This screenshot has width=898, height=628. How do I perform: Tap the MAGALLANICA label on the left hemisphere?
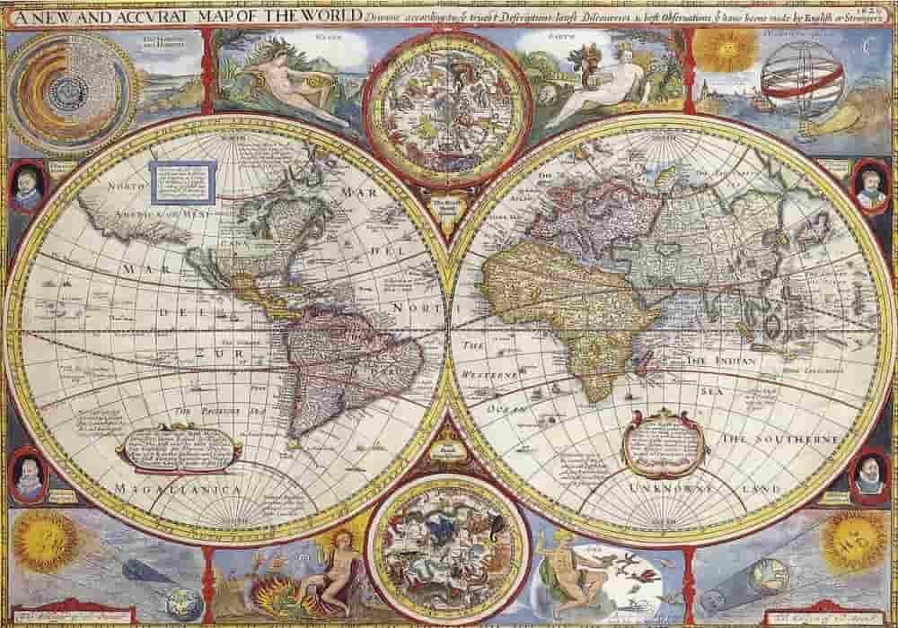[x=177, y=490]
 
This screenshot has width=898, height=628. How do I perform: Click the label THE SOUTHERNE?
[x=780, y=439]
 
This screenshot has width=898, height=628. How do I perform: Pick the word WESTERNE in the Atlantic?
[x=491, y=372]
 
